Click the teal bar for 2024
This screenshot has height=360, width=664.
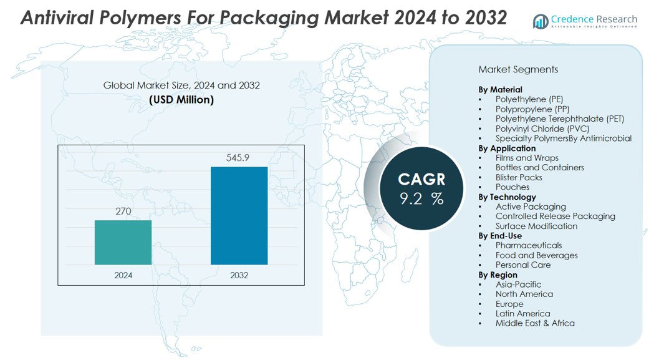[123, 242]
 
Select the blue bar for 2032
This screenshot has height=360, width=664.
[239, 215]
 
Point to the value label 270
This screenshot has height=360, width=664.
[123, 212]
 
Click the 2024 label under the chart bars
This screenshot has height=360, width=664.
[123, 275]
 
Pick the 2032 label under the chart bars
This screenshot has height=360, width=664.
[239, 275]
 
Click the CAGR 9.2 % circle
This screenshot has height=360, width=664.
[422, 188]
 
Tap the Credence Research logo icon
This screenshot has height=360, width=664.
[540, 22]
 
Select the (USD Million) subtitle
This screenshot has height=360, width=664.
[181, 99]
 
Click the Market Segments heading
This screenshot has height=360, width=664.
[518, 69]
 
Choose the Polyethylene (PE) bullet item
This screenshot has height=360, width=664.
[529, 99]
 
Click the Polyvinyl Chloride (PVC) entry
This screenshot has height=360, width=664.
[542, 129]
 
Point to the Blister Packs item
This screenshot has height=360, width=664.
[519, 177]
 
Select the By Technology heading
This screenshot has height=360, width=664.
[508, 197]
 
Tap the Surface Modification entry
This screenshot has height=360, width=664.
[536, 226]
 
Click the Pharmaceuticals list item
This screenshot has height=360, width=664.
[529, 245]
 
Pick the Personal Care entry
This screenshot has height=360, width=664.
[522, 265]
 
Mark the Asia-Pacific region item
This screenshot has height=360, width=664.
[518, 285]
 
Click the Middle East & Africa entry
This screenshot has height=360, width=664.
[535, 323]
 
